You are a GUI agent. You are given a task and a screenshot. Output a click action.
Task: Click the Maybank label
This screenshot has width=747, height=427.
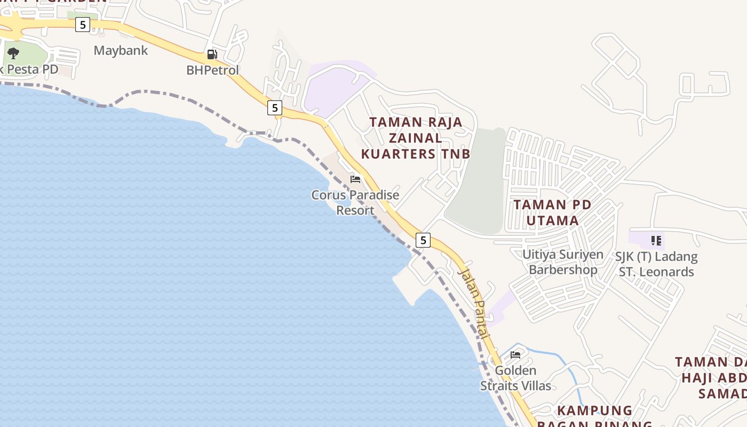point(121,51)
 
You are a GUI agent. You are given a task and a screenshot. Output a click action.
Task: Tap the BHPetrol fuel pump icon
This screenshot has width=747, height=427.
point(212,54)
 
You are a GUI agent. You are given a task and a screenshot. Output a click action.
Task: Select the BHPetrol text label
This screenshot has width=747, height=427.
point(212,70)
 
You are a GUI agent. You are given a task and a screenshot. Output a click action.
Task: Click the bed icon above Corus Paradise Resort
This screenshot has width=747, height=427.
point(355,179)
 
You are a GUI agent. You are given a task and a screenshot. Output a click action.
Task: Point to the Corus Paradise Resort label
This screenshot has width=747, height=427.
point(355,202)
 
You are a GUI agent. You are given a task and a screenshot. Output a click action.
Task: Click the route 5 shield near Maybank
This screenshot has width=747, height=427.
point(82,25)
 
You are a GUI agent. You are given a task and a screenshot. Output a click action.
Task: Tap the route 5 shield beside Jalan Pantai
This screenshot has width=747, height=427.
point(423,240)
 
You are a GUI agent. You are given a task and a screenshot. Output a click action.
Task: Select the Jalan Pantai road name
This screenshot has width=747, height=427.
point(473,303)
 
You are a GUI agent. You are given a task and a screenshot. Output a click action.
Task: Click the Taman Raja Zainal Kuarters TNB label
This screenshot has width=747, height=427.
point(416,138)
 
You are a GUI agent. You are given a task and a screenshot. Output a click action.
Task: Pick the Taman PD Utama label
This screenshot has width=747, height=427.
point(552,212)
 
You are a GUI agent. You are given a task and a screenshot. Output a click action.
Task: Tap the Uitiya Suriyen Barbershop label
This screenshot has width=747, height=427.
point(563,262)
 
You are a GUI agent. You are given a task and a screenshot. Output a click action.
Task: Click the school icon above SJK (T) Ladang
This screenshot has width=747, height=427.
point(656,241)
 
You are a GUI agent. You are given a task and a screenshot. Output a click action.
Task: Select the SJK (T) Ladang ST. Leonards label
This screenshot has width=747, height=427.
point(656,264)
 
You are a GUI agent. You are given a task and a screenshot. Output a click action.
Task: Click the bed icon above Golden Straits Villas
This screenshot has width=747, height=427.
point(515,354)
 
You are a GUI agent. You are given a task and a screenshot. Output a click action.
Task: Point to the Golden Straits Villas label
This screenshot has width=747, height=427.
point(515,378)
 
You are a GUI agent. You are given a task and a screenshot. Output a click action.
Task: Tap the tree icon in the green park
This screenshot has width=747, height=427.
point(13,53)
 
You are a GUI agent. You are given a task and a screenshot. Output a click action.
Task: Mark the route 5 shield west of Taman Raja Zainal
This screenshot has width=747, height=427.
point(274,108)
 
